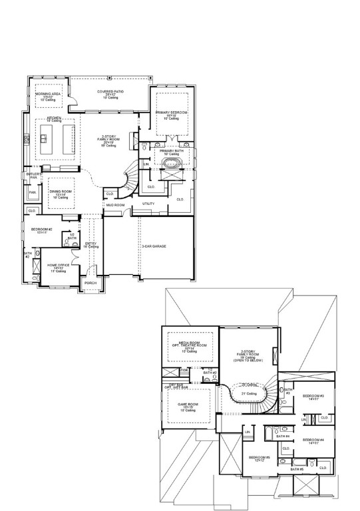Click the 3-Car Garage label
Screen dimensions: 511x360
click(x=154, y=246)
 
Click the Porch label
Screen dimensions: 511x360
click(x=90, y=283)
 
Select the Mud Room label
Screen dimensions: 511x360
click(x=115, y=205)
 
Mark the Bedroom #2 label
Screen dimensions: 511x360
click(x=42, y=230)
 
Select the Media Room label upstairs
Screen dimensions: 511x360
click(x=190, y=345)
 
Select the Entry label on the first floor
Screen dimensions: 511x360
click(x=92, y=244)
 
